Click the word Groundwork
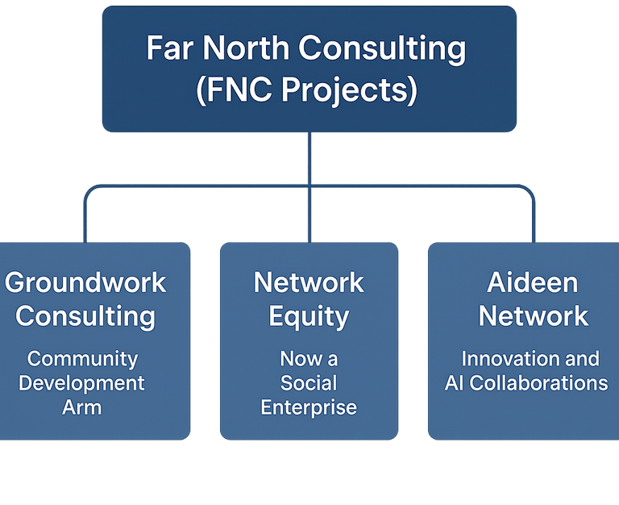tap(85, 283)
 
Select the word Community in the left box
tap(83, 359)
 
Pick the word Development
tap(82, 383)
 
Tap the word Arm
tap(82, 407)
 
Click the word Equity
tap(309, 317)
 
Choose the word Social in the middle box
tap(309, 383)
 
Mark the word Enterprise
tap(309, 407)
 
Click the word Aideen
tap(533, 283)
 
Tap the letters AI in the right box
tap(455, 383)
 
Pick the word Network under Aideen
tap(534, 316)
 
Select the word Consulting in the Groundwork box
tap(85, 316)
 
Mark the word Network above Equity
tap(309, 283)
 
